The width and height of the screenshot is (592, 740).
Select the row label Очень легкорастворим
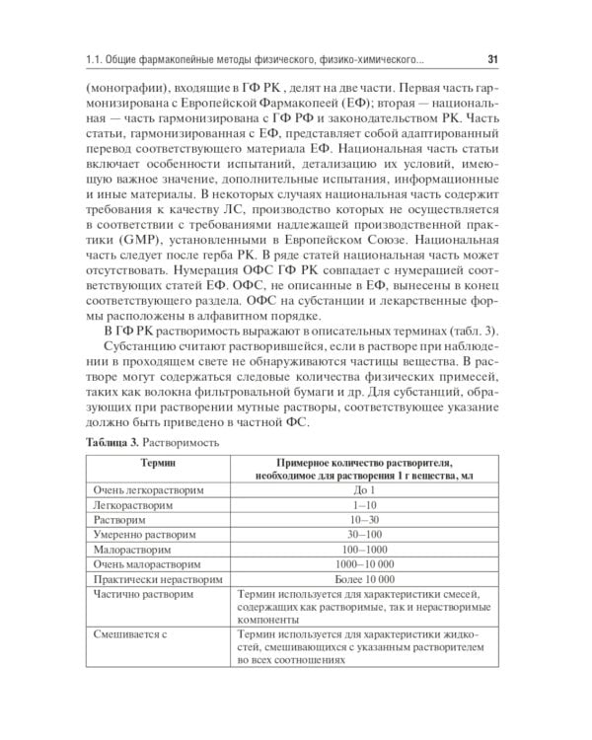144,489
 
